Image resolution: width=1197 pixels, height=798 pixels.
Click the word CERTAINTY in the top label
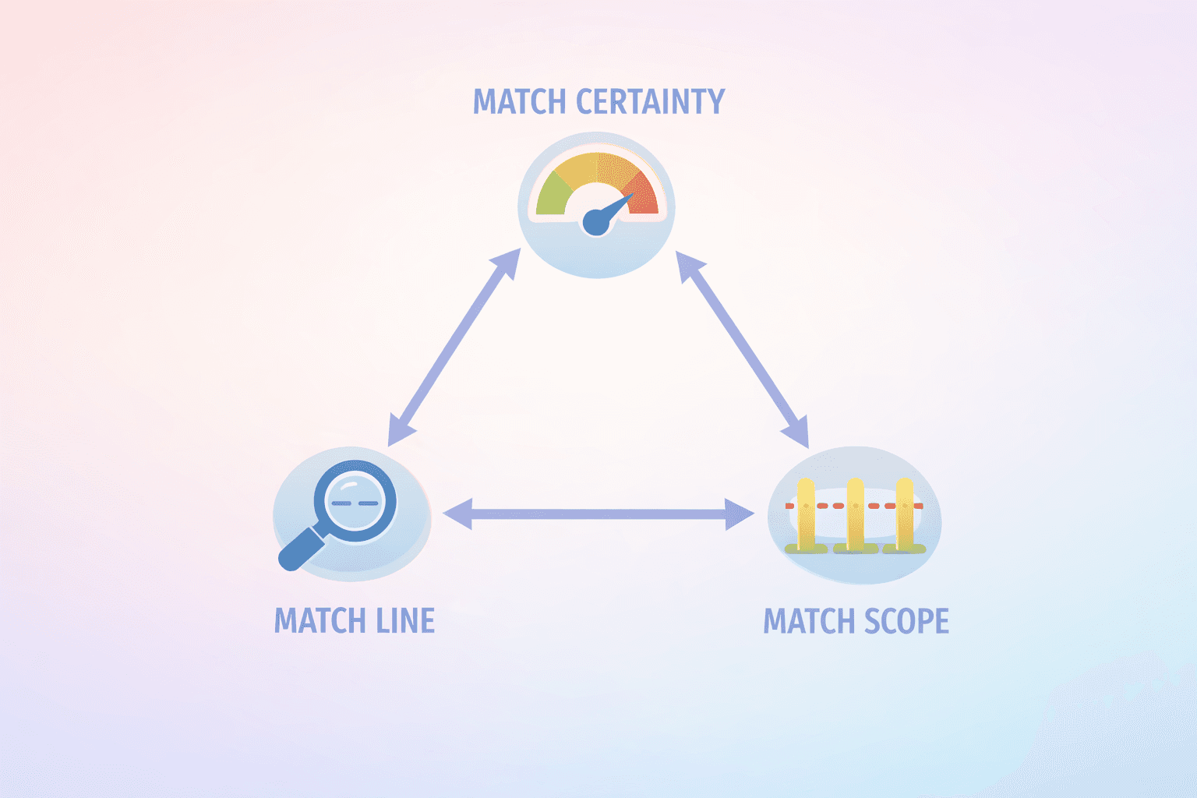pyautogui.click(x=650, y=102)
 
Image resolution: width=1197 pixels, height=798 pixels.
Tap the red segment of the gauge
pyautogui.click(x=644, y=195)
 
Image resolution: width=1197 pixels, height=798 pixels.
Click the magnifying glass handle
pyautogui.click(x=300, y=549)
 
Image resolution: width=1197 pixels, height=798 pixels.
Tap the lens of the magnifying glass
pyautogui.click(x=355, y=501)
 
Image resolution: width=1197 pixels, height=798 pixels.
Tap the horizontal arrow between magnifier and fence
pyautogui.click(x=598, y=514)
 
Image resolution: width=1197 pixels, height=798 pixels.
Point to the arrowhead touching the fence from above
pyautogui.click(x=796, y=433)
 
